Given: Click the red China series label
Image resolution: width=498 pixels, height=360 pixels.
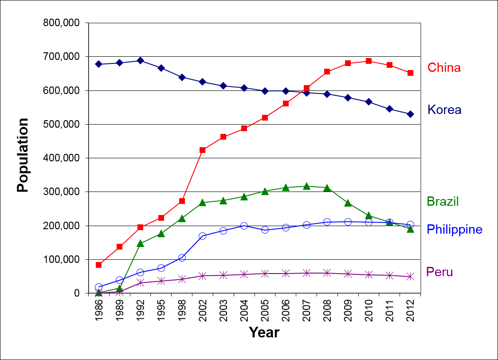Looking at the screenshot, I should click(x=444, y=68).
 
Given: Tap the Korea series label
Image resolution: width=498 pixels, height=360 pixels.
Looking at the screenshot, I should click(x=444, y=110).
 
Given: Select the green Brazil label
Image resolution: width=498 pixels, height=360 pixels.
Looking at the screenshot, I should click(x=443, y=201).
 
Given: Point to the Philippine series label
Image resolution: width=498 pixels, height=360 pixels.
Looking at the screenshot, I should click(x=454, y=229).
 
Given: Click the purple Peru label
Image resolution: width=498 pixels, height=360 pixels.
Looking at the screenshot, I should click(x=439, y=272).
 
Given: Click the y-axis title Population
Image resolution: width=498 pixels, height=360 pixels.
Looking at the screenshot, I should click(x=23, y=155).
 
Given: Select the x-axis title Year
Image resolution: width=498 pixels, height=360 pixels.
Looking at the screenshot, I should click(x=264, y=332).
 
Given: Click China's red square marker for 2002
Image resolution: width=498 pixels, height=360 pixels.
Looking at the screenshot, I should click(x=203, y=150).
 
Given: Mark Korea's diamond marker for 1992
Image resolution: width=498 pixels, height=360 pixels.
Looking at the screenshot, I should click(x=140, y=60).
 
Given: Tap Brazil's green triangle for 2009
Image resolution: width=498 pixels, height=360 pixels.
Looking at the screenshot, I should click(x=348, y=203).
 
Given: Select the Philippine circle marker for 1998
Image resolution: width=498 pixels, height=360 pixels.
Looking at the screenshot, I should click(x=182, y=258).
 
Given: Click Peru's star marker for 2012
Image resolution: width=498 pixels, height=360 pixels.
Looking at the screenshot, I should click(x=410, y=277).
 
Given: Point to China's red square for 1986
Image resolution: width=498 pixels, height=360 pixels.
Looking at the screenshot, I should click(x=99, y=265).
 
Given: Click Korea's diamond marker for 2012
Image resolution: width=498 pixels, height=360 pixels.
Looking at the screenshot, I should click(x=410, y=114).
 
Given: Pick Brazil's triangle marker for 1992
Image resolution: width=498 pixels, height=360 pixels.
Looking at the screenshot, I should click(x=140, y=243).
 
